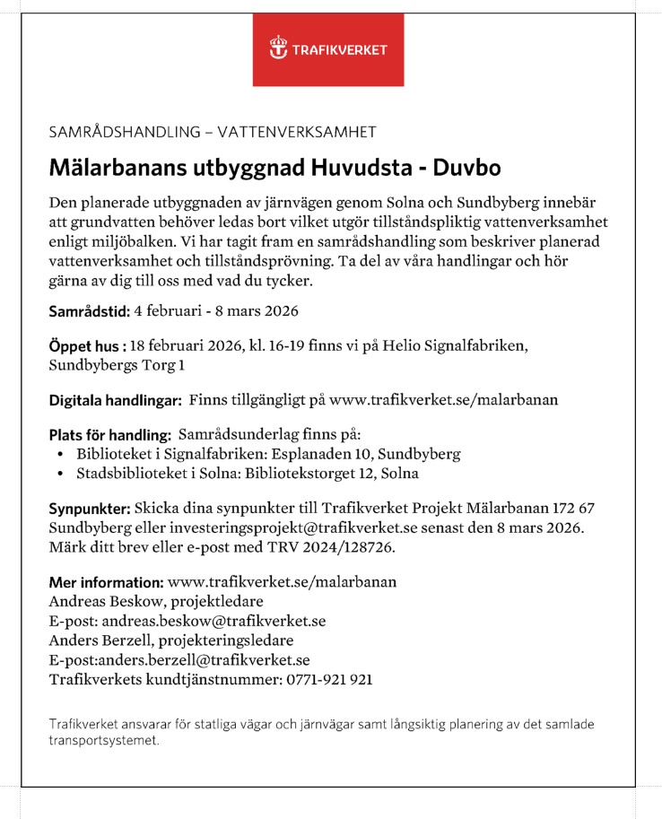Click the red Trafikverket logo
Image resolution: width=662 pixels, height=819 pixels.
[x=327, y=49]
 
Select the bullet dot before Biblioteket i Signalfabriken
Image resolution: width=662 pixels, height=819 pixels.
[x=59, y=454]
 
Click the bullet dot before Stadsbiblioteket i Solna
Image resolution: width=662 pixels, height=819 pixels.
[x=59, y=472]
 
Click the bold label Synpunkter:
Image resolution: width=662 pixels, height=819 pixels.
[x=94, y=508]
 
